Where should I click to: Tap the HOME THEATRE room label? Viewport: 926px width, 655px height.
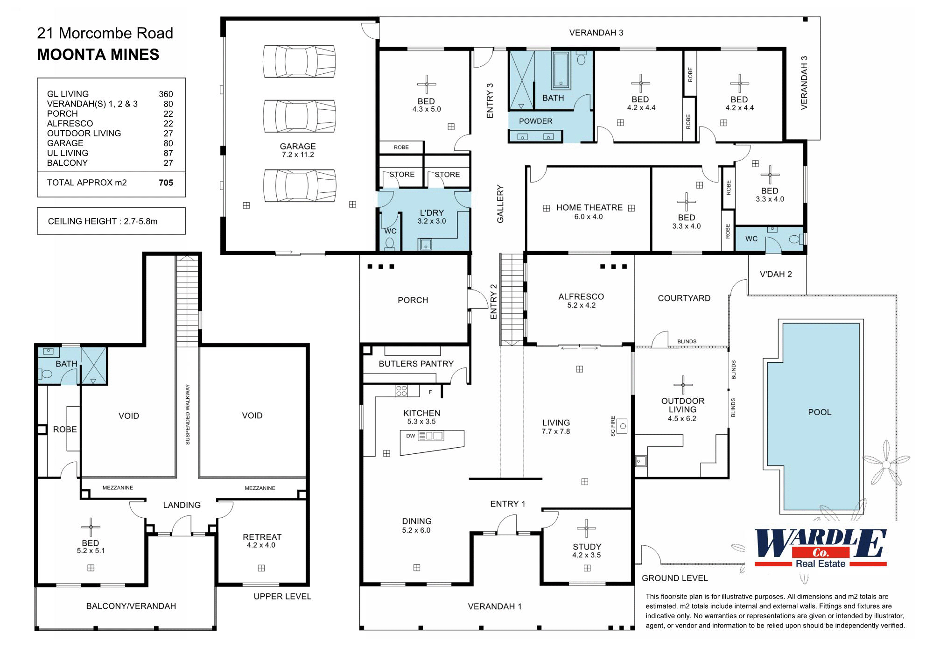coord(589,208)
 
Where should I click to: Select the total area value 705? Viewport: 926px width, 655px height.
coord(166,183)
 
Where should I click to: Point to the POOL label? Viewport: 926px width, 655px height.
coord(820,412)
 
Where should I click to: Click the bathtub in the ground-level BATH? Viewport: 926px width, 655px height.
coord(561,70)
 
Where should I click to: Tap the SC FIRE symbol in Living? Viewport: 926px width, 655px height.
coord(622,426)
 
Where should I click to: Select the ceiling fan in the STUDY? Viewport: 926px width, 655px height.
coord(586,528)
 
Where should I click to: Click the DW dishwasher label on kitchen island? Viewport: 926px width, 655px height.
coord(410,436)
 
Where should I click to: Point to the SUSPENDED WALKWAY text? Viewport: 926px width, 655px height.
coord(188,414)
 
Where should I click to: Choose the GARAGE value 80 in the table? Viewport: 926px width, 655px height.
coord(168,143)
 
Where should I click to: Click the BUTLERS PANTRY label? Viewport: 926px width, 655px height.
coord(416,364)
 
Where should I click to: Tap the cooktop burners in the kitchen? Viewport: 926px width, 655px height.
coord(401,390)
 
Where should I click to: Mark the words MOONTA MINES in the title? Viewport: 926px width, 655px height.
coord(98,55)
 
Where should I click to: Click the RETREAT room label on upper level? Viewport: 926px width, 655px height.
coord(262,537)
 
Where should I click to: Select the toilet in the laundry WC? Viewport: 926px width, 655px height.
coord(390,244)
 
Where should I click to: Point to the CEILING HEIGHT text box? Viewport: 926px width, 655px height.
coord(111,221)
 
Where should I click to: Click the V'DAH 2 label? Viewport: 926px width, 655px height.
coord(776,274)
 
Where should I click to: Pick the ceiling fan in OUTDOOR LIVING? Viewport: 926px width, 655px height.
coord(683,385)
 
